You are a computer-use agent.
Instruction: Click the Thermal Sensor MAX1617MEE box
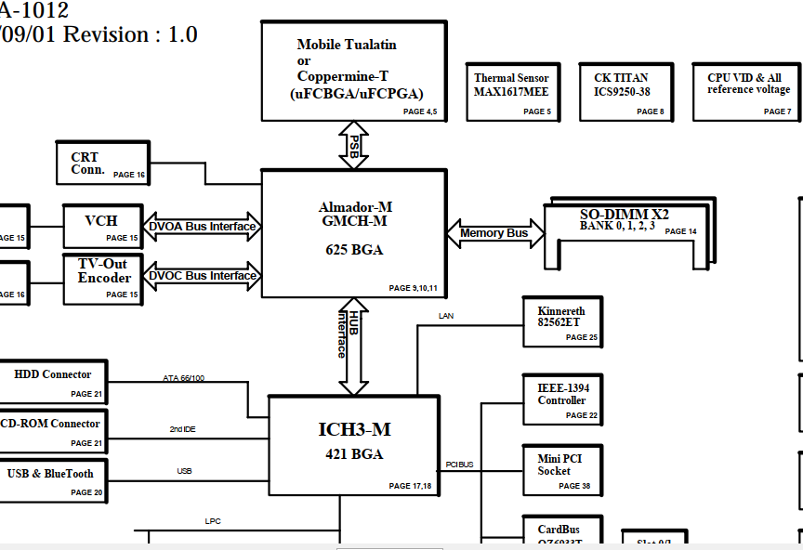pyautogui.click(x=511, y=92)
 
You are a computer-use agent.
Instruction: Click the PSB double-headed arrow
pyautogui.click(x=354, y=146)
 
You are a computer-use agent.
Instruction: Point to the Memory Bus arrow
pyautogui.click(x=494, y=233)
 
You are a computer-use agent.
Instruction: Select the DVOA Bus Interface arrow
pyautogui.click(x=202, y=226)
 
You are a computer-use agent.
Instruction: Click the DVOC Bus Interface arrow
pyautogui.click(x=202, y=275)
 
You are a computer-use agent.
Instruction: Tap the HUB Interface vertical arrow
pyautogui.click(x=353, y=347)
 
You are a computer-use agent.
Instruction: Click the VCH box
pyautogui.click(x=103, y=227)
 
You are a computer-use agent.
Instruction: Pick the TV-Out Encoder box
pyautogui.click(x=103, y=279)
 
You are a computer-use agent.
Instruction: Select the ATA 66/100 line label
pyautogui.click(x=184, y=378)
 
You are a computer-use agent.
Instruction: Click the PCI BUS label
pyautogui.click(x=459, y=464)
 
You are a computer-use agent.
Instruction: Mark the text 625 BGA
pyautogui.click(x=354, y=250)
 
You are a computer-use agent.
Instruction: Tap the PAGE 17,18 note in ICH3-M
pyautogui.click(x=409, y=486)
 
